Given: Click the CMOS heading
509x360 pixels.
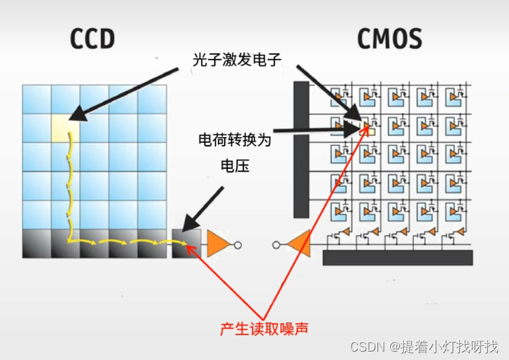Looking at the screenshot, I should pos(390,39).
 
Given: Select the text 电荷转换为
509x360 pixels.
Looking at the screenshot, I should pos(235,141).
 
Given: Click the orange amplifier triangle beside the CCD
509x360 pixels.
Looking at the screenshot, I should pos(217,245).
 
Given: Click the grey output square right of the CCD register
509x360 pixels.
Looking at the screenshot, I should pos(186,243).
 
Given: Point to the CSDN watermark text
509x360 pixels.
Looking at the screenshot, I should pos(434,347).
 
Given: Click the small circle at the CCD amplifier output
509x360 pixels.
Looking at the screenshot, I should pos(238,245).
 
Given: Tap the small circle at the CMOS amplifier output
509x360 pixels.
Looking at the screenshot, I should pos(276,245).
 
